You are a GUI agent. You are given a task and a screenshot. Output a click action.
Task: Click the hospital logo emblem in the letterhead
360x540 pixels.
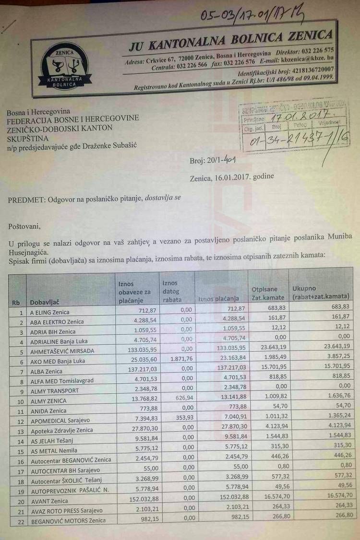[x=66, y=67]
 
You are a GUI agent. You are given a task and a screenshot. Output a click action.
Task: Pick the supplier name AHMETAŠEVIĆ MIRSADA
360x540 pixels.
[x=62, y=351]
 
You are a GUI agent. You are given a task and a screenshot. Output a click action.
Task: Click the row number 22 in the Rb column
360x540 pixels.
[x=19, y=520]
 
